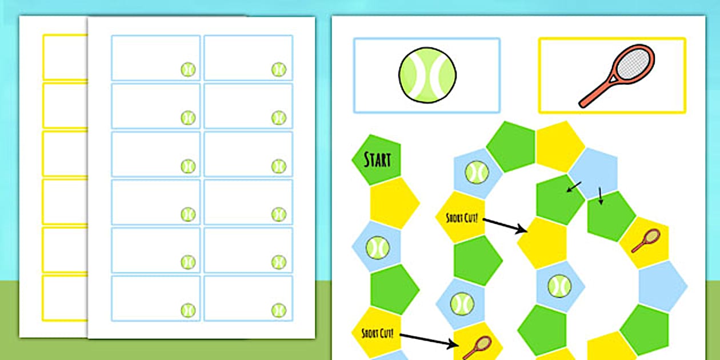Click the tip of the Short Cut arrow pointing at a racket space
(458, 346)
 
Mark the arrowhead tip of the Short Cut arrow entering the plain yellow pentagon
(527, 231)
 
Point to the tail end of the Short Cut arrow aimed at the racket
(400, 335)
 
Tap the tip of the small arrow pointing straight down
(601, 205)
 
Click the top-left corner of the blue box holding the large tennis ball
(354, 38)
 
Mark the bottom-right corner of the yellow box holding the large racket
(686, 113)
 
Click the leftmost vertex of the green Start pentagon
(351, 158)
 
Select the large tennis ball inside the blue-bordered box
(427, 75)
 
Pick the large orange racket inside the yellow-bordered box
(617, 76)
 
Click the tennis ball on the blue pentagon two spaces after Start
(378, 247)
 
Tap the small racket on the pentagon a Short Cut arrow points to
(477, 348)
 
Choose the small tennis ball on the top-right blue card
(279, 70)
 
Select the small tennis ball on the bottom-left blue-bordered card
(188, 310)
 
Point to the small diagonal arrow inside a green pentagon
(574, 187)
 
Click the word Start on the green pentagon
(377, 160)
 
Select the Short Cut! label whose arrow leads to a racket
(377, 333)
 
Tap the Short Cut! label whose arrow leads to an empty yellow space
(462, 218)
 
